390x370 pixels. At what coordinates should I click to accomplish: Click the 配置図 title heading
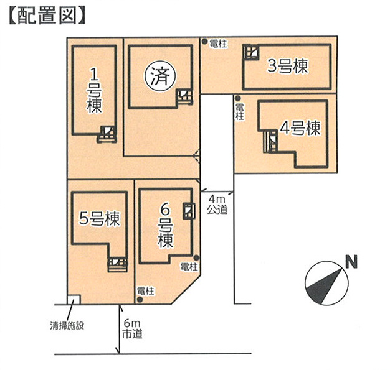(47, 16)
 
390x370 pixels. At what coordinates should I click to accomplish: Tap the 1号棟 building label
(94, 91)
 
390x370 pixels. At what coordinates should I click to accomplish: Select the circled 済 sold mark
(161, 76)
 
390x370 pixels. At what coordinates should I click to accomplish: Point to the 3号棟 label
(288, 66)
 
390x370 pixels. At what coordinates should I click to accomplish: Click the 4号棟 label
(300, 128)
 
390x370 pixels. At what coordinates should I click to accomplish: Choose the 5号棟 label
(100, 219)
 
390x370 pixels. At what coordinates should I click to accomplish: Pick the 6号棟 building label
(165, 227)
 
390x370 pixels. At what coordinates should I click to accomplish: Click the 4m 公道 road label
(217, 205)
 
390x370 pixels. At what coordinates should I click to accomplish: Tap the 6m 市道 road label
(132, 330)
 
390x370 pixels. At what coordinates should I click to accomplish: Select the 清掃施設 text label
(67, 326)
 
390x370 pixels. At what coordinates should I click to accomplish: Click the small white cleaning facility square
(74, 300)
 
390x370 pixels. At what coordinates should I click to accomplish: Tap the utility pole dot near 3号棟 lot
(204, 42)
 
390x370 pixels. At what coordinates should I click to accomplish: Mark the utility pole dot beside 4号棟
(238, 98)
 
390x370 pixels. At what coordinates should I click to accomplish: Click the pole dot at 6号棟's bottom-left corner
(140, 300)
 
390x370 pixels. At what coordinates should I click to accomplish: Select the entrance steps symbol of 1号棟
(107, 134)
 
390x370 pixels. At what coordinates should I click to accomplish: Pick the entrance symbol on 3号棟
(251, 52)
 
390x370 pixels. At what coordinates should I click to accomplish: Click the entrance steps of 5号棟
(118, 264)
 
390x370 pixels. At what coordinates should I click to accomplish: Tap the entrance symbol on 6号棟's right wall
(189, 211)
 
